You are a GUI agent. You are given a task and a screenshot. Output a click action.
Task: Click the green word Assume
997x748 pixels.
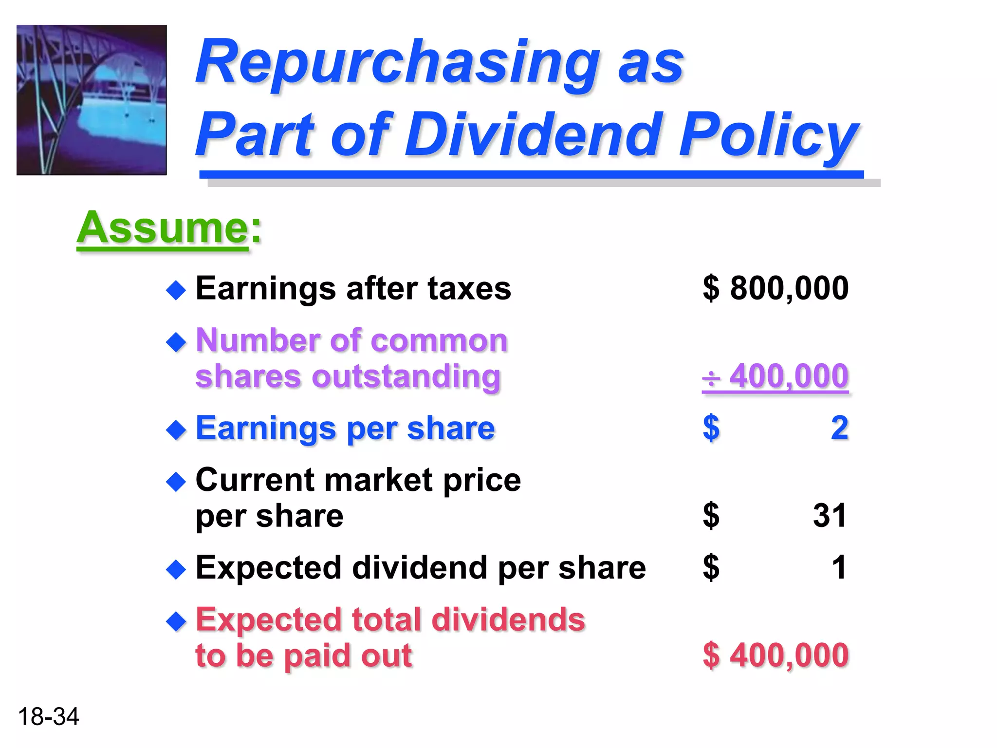163,228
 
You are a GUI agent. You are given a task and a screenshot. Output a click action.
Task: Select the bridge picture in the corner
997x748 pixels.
92,100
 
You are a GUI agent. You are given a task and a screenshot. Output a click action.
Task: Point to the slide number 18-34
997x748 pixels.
48,716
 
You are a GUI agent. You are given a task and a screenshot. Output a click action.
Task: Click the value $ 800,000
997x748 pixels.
775,288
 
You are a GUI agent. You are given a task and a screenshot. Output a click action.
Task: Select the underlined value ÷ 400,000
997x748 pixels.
775,376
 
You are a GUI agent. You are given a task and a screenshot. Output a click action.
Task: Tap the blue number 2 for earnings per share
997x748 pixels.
839,428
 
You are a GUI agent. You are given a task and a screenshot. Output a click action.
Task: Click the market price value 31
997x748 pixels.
830,515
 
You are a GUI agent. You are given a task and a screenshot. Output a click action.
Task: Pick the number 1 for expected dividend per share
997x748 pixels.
839,567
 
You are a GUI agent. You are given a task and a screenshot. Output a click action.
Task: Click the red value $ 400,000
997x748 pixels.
775,655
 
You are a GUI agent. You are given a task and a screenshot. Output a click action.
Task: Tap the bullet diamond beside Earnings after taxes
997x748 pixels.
176,291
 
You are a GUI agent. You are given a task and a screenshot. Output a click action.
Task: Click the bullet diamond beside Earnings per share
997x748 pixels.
176,430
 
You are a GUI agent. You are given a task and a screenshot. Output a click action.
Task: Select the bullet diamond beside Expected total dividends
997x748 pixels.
176,622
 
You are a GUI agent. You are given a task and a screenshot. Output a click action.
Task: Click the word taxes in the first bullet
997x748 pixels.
469,288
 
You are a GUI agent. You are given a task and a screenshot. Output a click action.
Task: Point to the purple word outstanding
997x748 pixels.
406,376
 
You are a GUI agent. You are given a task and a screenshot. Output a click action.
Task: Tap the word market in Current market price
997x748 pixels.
378,480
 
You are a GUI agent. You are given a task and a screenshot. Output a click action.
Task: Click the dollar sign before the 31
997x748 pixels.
711,515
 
